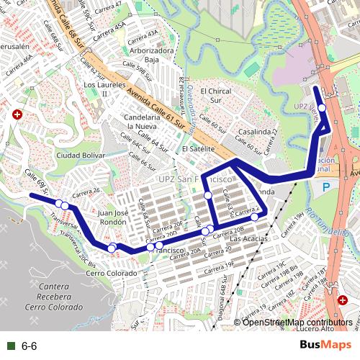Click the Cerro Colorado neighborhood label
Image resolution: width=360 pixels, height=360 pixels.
pyautogui.click(x=111, y=274)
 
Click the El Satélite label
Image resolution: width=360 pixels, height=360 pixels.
pyautogui.click(x=199, y=148)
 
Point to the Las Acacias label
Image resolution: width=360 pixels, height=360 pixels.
pyautogui.click(x=248, y=238)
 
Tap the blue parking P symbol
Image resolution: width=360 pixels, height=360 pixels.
pyautogui.click(x=326, y=186)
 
